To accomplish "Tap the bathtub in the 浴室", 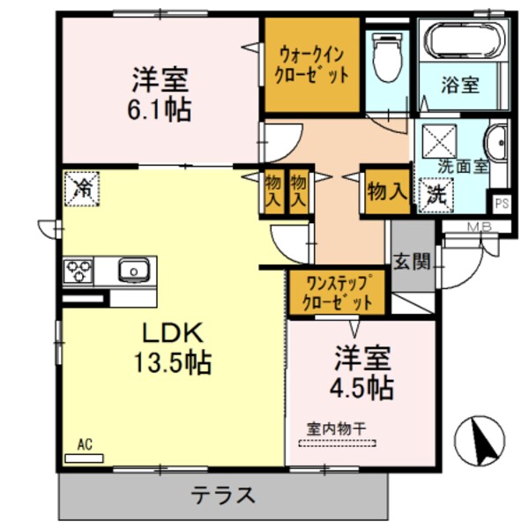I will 465,40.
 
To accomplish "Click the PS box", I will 502,202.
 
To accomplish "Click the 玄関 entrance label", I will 412,261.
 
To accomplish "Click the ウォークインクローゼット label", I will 313,63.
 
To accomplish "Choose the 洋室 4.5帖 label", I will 362,373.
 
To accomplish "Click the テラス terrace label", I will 224,494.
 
